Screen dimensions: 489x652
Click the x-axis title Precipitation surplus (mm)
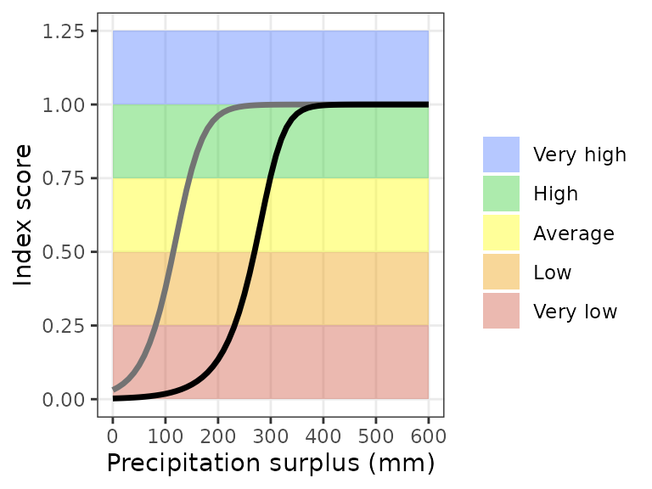270,464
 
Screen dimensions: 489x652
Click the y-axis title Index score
24,215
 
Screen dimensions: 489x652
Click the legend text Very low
575,312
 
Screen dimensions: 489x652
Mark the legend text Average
573,233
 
